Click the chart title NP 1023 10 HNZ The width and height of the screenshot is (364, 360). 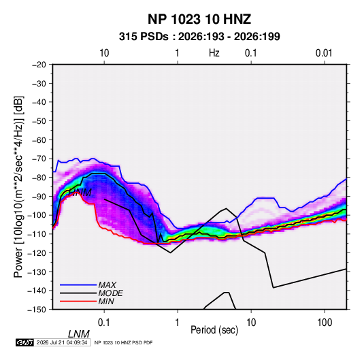click(x=199, y=19)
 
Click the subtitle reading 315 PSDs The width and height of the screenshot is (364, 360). click(x=144, y=37)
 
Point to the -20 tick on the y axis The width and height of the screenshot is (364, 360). click(x=39, y=65)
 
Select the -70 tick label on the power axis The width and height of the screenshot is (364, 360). click(x=39, y=159)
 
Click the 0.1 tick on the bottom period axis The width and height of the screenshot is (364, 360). click(x=104, y=323)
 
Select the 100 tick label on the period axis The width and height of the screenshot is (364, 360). click(x=325, y=323)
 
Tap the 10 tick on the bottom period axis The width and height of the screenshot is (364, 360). click(x=251, y=323)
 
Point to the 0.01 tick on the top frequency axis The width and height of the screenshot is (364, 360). click(x=324, y=53)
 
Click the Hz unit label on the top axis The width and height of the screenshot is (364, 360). click(x=214, y=53)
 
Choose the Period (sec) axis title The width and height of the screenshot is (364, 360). click(x=214, y=330)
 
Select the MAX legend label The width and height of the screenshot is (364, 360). click(x=107, y=285)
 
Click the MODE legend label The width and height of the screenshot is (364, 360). click(x=110, y=293)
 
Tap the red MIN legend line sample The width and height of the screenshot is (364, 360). click(x=78, y=301)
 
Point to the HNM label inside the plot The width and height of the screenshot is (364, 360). click(x=80, y=193)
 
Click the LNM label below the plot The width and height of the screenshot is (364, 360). click(x=78, y=334)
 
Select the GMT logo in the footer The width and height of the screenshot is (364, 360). click(x=24, y=342)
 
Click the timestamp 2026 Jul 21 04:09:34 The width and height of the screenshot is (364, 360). click(x=62, y=342)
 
